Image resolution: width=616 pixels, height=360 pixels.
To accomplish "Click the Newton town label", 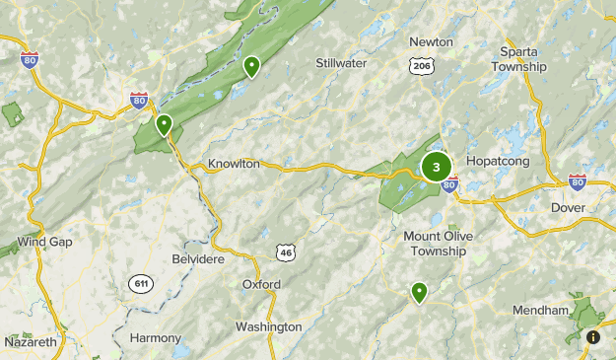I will click(x=432, y=41).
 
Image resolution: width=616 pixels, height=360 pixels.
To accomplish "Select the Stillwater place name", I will click(x=341, y=63).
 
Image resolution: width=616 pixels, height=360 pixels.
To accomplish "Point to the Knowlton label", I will click(x=234, y=164).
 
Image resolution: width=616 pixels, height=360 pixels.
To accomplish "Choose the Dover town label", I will click(x=569, y=207).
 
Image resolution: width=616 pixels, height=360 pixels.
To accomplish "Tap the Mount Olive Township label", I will click(x=435, y=244).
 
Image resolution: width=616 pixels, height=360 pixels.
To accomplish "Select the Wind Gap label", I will click(x=43, y=241).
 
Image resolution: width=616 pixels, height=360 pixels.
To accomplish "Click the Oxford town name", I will click(x=261, y=284).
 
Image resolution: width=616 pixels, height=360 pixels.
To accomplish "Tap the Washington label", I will click(x=268, y=326).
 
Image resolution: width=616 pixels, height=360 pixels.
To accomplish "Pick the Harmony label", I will click(x=156, y=337).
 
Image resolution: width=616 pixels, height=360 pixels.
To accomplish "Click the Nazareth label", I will click(x=30, y=341).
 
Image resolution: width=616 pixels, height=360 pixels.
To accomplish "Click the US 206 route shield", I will click(x=420, y=65).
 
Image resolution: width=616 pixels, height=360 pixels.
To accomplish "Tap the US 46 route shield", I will click(x=286, y=252).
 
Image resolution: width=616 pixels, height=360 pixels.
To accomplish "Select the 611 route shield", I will click(x=141, y=284).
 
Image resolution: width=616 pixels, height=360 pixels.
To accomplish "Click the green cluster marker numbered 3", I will click(x=436, y=167).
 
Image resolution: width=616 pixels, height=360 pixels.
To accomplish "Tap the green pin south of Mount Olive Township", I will click(x=419, y=292).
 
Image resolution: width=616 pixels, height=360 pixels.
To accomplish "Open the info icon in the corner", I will click(x=593, y=337).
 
